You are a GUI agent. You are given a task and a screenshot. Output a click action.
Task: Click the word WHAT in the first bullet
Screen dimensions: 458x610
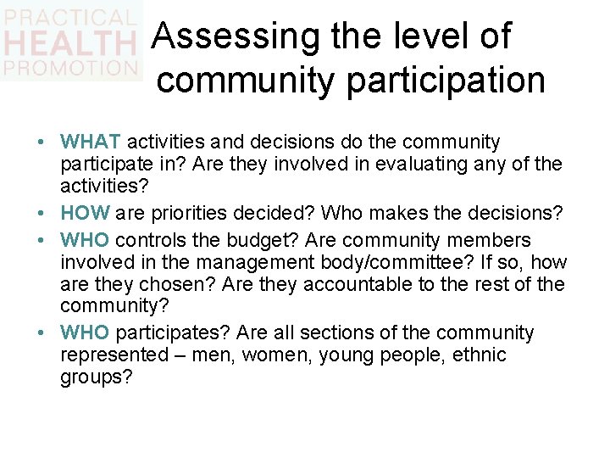[91, 142]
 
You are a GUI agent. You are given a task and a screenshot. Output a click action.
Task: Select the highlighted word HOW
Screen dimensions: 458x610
[85, 213]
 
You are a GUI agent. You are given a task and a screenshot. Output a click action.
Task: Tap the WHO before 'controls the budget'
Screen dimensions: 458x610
[85, 240]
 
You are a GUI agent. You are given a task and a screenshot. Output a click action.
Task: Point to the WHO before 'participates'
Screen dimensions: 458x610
[85, 332]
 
